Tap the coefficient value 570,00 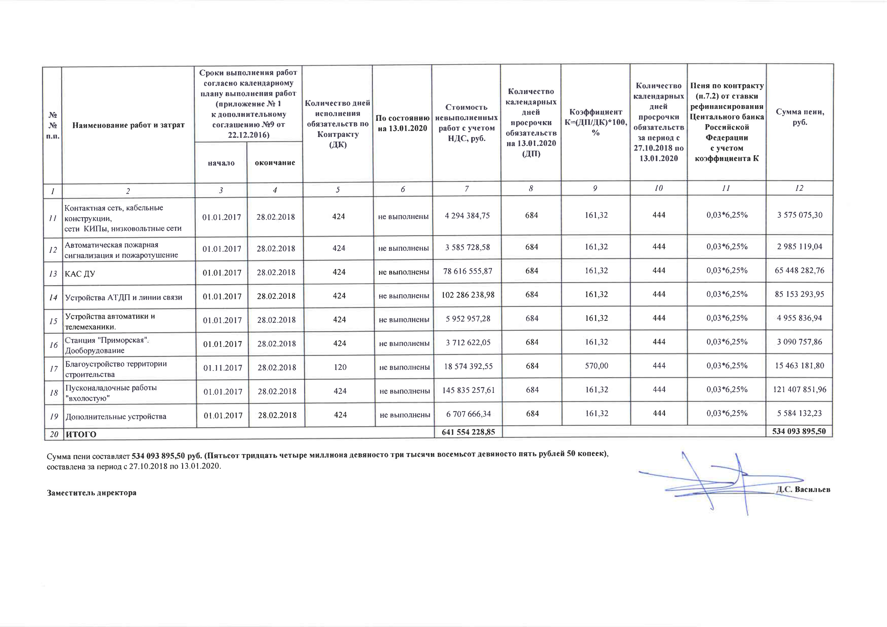pyautogui.click(x=596, y=366)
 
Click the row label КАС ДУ pyautogui.click(x=80, y=274)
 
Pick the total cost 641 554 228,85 pyautogui.click(x=468, y=432)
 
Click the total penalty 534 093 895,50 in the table pyautogui.click(x=799, y=431)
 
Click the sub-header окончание pyautogui.click(x=275, y=163)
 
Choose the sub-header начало pyautogui.click(x=221, y=163)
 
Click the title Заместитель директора pyautogui.click(x=92, y=493)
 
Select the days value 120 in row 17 pyautogui.click(x=340, y=367)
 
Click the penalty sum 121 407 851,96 pyautogui.click(x=799, y=390)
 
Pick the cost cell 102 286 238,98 pyautogui.click(x=468, y=295)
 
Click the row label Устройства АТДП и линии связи pyautogui.click(x=124, y=297)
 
